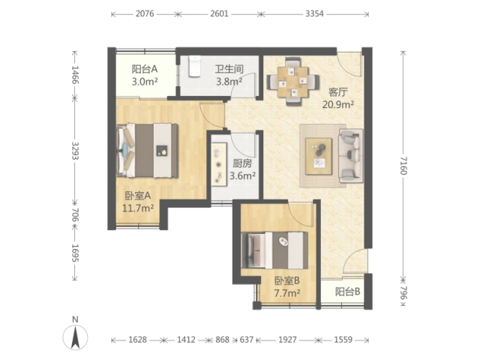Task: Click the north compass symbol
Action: click(75, 337)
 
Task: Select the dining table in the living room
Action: click(293, 82)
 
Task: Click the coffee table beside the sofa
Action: click(319, 157)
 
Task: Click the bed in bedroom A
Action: click(147, 150)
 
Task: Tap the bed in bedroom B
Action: click(274, 250)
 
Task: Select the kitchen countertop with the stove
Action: click(219, 164)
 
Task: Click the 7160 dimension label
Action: click(403, 165)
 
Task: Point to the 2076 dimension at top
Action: click(145, 14)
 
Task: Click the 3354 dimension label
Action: click(314, 14)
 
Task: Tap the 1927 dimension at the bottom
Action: click(287, 340)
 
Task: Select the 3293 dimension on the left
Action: click(75, 151)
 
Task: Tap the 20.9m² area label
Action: click(338, 105)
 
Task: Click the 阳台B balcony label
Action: click(348, 292)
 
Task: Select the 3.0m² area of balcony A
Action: click(145, 82)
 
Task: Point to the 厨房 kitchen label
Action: click(242, 163)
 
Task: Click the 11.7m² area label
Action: click(138, 208)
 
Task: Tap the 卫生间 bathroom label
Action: click(229, 69)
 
